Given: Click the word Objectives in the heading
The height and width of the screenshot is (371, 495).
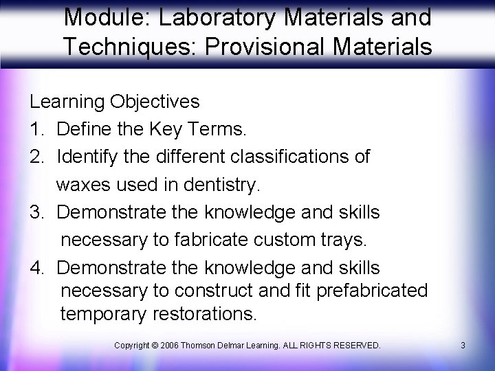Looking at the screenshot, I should (154, 102).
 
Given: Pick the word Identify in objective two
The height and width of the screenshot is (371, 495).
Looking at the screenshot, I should (88, 156).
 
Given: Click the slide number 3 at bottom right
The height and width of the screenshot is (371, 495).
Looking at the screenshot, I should (463, 344).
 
